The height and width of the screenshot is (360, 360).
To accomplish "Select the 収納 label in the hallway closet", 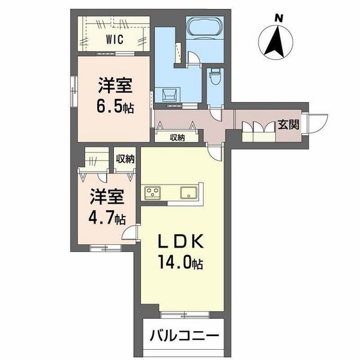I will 178,137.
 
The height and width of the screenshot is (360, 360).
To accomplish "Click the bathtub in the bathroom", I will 204,29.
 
